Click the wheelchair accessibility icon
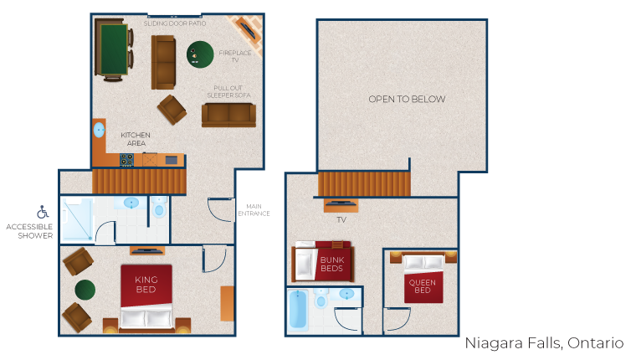point(43,212)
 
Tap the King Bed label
point(146,285)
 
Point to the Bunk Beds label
point(331,265)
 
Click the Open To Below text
point(407,99)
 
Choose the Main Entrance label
point(254,210)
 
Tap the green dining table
point(114,49)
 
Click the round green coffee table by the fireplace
point(200,54)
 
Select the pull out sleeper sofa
point(228,116)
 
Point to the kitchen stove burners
point(126,160)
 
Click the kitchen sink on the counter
point(99,131)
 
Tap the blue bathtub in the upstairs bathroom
point(298,310)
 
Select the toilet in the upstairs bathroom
point(321,298)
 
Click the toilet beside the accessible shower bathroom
point(159,207)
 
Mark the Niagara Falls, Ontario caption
point(544,343)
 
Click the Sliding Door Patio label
point(175,23)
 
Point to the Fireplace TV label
point(235,56)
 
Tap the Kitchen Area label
point(136,139)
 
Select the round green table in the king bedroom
point(85,290)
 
